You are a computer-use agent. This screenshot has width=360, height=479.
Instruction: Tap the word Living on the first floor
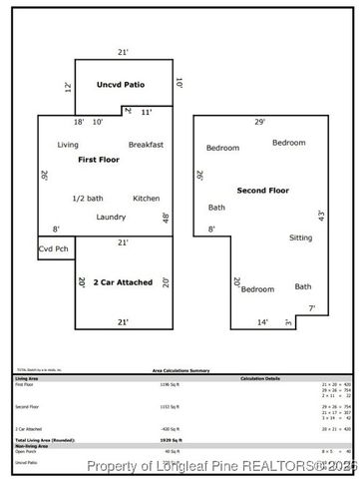coord(68,146)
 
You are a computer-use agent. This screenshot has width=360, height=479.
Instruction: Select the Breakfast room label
coord(146,146)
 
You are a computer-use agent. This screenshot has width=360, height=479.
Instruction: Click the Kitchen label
coord(146,198)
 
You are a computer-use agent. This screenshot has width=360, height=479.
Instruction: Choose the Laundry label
coord(111,218)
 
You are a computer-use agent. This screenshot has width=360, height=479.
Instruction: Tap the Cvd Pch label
coord(54,248)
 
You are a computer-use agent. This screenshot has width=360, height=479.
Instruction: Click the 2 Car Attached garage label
coord(123,282)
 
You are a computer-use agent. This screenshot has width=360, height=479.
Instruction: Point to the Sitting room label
coord(300,238)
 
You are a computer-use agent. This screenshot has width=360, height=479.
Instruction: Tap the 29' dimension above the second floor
coord(260,122)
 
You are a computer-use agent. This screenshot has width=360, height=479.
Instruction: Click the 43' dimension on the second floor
coord(321,215)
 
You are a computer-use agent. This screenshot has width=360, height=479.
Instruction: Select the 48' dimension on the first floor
coord(166,218)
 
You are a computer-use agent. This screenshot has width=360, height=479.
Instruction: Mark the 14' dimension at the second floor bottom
coord(262,322)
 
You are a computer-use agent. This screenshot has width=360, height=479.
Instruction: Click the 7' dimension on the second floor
coord(311,308)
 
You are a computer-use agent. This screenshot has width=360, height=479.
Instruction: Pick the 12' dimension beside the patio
coord(68,88)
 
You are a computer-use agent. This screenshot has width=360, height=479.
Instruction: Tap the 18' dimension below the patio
coord(79,122)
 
